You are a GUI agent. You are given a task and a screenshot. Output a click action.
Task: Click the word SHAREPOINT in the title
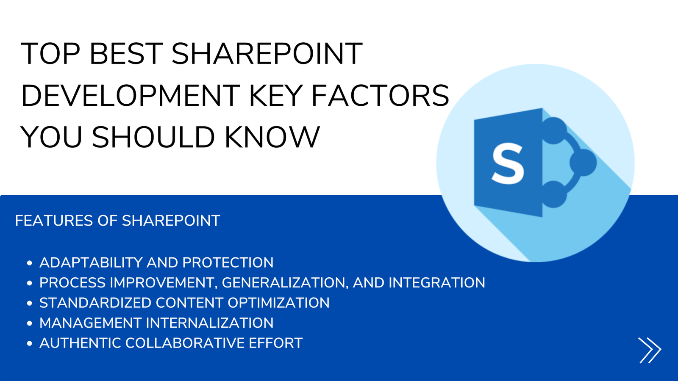click(x=267, y=54)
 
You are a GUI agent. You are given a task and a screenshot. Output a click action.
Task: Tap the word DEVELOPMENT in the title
click(x=131, y=96)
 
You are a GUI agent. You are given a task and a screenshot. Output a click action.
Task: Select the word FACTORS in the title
click(x=381, y=96)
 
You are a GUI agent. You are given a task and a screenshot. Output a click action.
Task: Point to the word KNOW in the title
click(x=272, y=137)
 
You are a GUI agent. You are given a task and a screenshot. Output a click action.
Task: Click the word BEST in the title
click(x=127, y=54)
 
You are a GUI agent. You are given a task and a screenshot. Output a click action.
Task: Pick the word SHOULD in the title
click(x=153, y=137)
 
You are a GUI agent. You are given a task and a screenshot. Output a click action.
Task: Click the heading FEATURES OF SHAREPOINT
click(x=117, y=221)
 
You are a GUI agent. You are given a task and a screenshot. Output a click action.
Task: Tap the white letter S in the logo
click(x=508, y=163)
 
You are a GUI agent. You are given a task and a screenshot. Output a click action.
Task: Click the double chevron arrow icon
click(x=650, y=350)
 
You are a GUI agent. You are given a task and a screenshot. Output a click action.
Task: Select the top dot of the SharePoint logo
click(x=553, y=131)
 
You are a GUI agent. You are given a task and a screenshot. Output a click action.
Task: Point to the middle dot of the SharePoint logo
click(x=583, y=163)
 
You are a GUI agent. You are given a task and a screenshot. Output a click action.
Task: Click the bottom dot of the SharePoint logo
click(x=553, y=194)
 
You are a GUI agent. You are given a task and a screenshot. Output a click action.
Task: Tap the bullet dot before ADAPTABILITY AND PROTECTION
click(x=29, y=263)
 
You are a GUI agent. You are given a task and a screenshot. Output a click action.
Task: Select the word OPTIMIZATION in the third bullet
click(x=278, y=303)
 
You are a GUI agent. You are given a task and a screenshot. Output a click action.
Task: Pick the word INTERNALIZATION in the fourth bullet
click(x=210, y=323)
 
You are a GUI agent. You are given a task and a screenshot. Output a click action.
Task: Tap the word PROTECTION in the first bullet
click(x=228, y=262)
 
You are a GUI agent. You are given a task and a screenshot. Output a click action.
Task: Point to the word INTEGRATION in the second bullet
click(x=437, y=283)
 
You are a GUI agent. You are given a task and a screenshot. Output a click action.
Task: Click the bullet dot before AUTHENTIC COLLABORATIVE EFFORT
click(x=29, y=343)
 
